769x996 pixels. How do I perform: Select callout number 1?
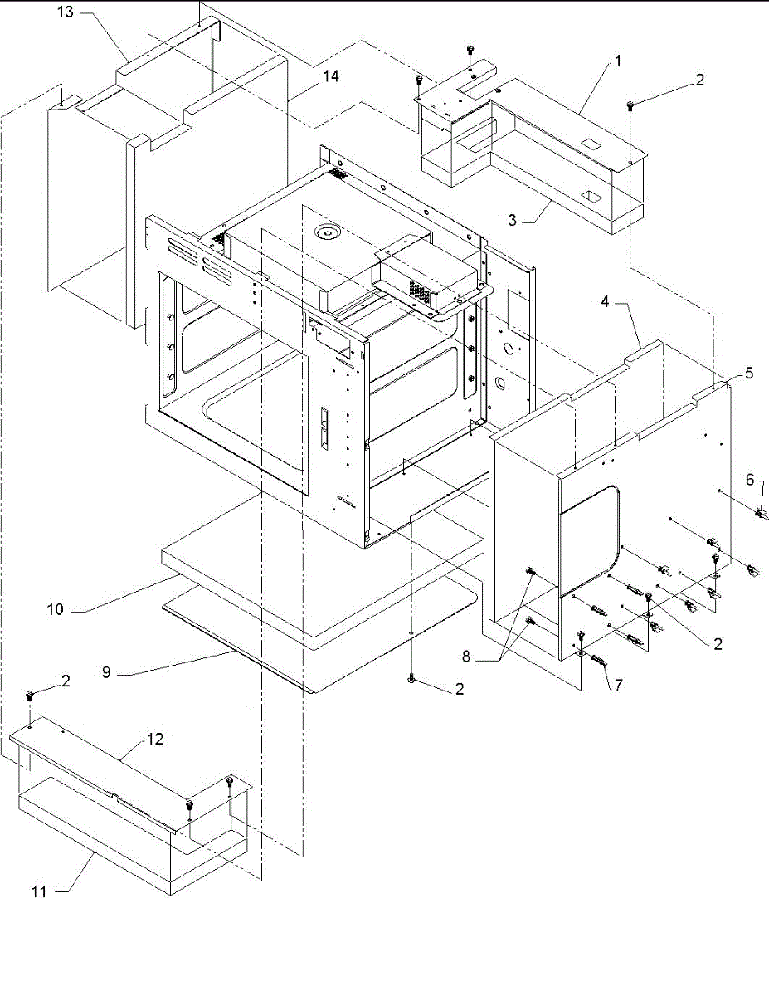[x=617, y=61]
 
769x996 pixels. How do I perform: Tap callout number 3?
[x=513, y=220]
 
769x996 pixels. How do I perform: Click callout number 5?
[x=749, y=373]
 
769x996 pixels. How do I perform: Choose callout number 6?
[x=749, y=479]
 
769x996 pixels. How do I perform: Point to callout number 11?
[x=38, y=891]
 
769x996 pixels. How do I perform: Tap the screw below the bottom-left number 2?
[x=31, y=693]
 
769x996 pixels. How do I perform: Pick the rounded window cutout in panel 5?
[x=591, y=539]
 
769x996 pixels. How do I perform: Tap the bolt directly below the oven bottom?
[x=412, y=680]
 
